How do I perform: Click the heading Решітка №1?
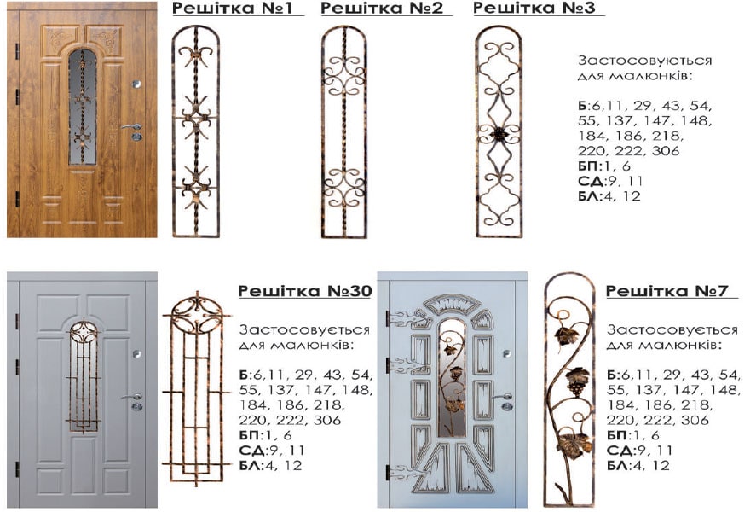coord(232,8)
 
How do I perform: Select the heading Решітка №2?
coord(381,8)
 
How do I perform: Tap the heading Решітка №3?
coord(534,8)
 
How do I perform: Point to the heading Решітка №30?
coord(305,291)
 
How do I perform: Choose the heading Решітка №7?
coord(667,291)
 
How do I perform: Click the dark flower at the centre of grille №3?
coord(498,134)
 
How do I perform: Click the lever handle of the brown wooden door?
coord(130,127)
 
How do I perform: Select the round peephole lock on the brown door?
coord(137,84)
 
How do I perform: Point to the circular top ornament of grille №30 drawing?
coord(197,315)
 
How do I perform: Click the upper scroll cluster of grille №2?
coord(343,76)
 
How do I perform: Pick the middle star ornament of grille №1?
coord(196,118)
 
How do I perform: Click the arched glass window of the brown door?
coord(83,107)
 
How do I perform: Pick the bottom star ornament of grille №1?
coord(196,186)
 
